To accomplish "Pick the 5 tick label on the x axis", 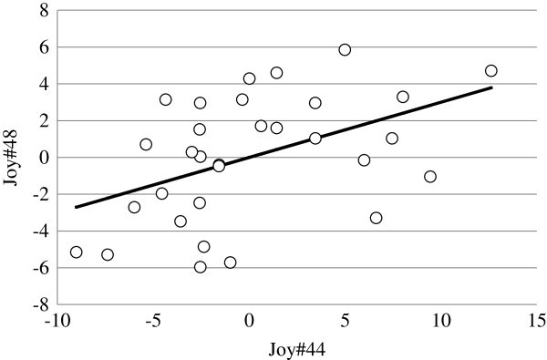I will click(x=345, y=321).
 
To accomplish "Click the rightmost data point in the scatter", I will click(x=491, y=71).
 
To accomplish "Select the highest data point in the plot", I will click(x=345, y=50).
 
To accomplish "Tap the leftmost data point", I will click(x=77, y=252).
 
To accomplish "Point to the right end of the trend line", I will click(x=492, y=87).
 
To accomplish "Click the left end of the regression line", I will click(x=76, y=207).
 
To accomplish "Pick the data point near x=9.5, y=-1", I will click(x=430, y=177).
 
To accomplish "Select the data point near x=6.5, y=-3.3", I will click(x=376, y=218).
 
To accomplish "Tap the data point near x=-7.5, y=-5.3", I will click(x=108, y=255).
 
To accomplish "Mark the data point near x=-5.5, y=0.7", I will click(x=146, y=145).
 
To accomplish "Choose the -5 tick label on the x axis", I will click(x=153, y=321).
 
